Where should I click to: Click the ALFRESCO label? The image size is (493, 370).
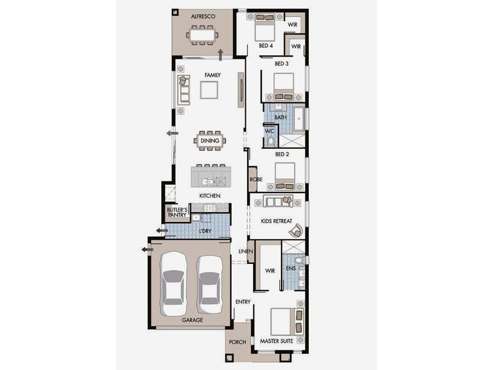pos(203,17)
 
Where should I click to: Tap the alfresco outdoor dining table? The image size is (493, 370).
pos(203,35)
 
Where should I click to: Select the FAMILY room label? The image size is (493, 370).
pos(213,75)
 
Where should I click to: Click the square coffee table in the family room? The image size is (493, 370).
pos(209,90)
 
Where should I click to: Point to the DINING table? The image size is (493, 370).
pos(210,141)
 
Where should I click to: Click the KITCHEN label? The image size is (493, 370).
pos(210,195)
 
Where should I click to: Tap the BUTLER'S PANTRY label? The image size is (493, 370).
pos(177,212)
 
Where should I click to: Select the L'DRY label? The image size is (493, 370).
pos(205,231)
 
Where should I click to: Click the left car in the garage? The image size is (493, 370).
pos(173,284)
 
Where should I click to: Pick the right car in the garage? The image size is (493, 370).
pos(210,285)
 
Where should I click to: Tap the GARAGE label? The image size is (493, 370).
pos(192,320)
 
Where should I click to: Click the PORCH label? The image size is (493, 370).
pos(237,342)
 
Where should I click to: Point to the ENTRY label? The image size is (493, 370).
pos(243,302)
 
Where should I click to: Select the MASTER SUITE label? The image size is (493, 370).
pos(276,341)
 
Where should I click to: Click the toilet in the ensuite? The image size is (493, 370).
pos(299,260)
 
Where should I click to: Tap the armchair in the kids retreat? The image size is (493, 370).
pos(296,231)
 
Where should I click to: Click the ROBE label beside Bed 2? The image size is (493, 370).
pos(256,179)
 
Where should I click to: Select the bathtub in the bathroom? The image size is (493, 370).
pos(299,119)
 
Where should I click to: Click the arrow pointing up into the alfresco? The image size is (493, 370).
pos(221,55)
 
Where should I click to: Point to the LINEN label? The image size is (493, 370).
pos(245,252)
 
